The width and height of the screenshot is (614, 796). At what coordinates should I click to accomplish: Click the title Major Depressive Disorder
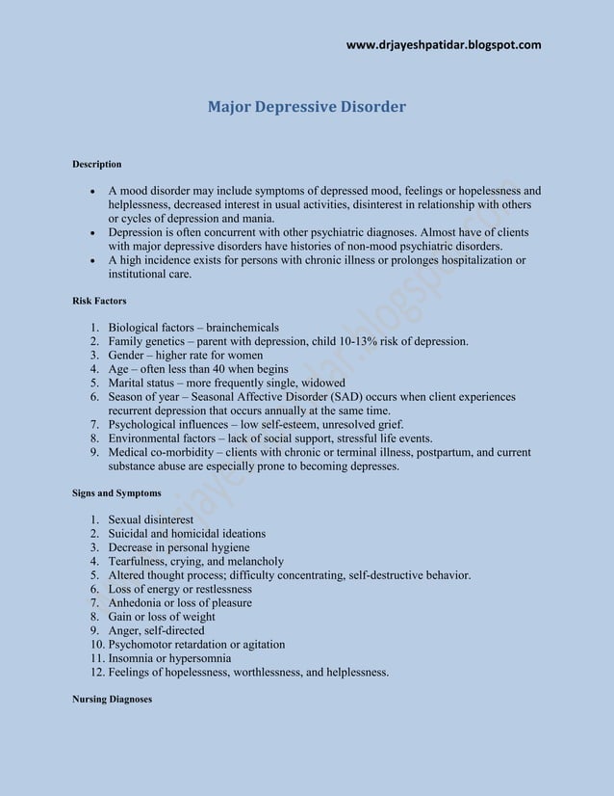(x=307, y=106)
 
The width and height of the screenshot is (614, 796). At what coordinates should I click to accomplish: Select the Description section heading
(x=97, y=164)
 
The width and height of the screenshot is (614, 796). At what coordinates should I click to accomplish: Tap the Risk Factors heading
(x=99, y=302)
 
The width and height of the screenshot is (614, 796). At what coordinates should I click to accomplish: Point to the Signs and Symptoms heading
(x=116, y=493)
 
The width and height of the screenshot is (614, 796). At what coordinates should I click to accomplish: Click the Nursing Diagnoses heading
(x=112, y=699)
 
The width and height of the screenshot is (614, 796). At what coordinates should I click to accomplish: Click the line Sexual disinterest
(x=151, y=519)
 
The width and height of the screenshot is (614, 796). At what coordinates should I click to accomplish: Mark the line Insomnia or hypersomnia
(x=169, y=658)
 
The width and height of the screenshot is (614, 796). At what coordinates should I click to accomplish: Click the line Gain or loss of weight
(x=162, y=617)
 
